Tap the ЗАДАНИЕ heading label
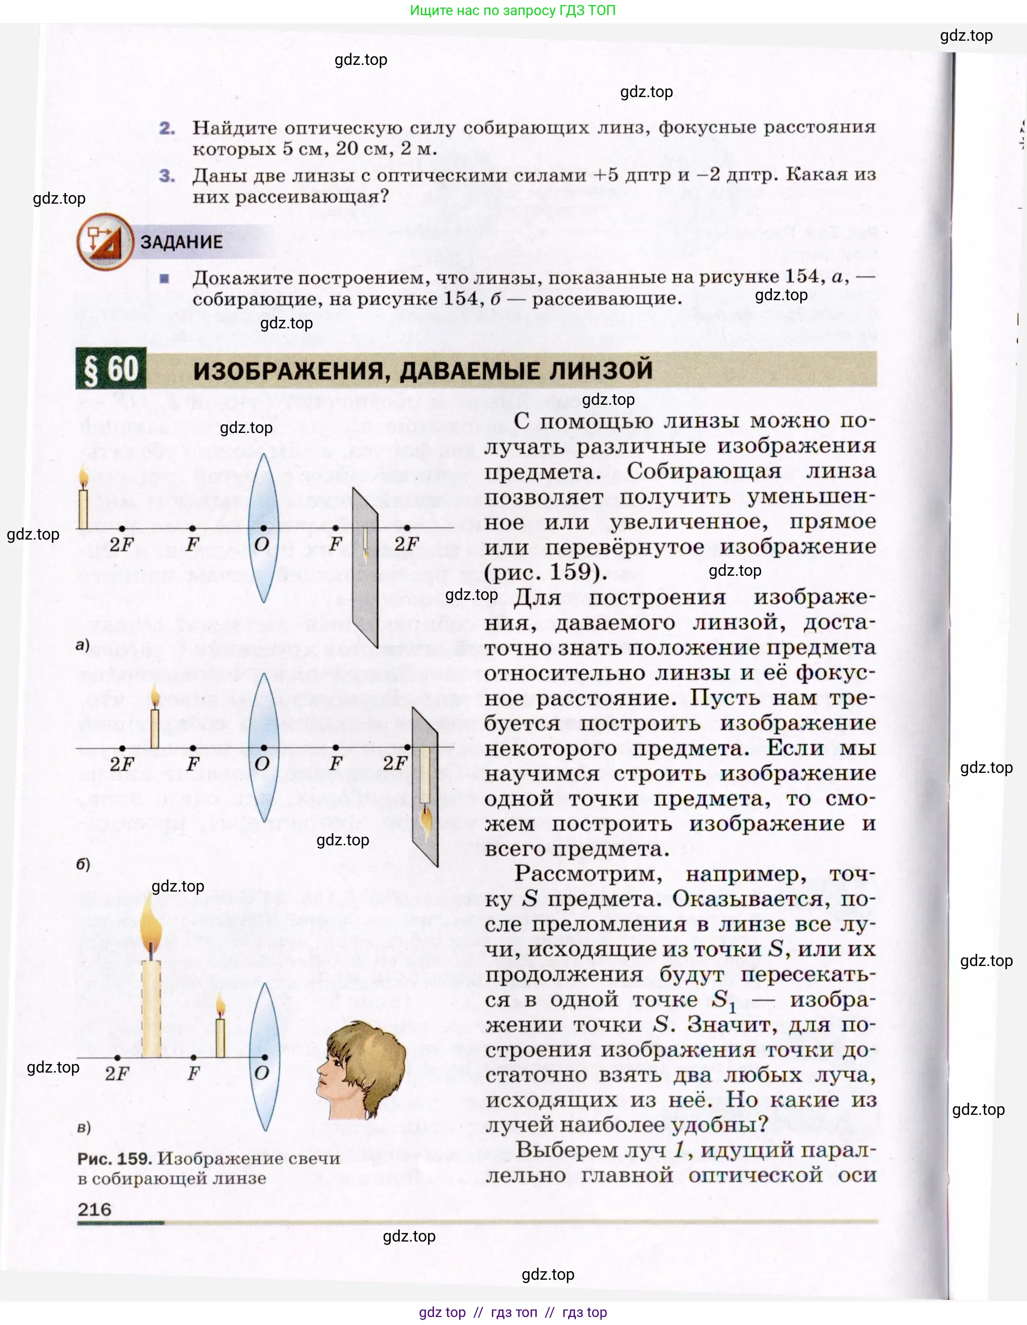pos(182,241)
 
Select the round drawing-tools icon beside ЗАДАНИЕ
pos(105,241)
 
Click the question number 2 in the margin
pos(167,128)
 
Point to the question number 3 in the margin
pos(167,176)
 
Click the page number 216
pos(95,1209)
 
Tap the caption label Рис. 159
pos(114,1158)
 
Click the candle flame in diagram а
pos(84,476)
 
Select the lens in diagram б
pos(264,747)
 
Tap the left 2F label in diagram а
pos(121,544)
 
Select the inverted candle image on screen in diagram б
pos(425,788)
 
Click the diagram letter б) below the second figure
pos(83,864)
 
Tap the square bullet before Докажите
pos(164,279)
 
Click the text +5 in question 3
pos(608,175)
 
